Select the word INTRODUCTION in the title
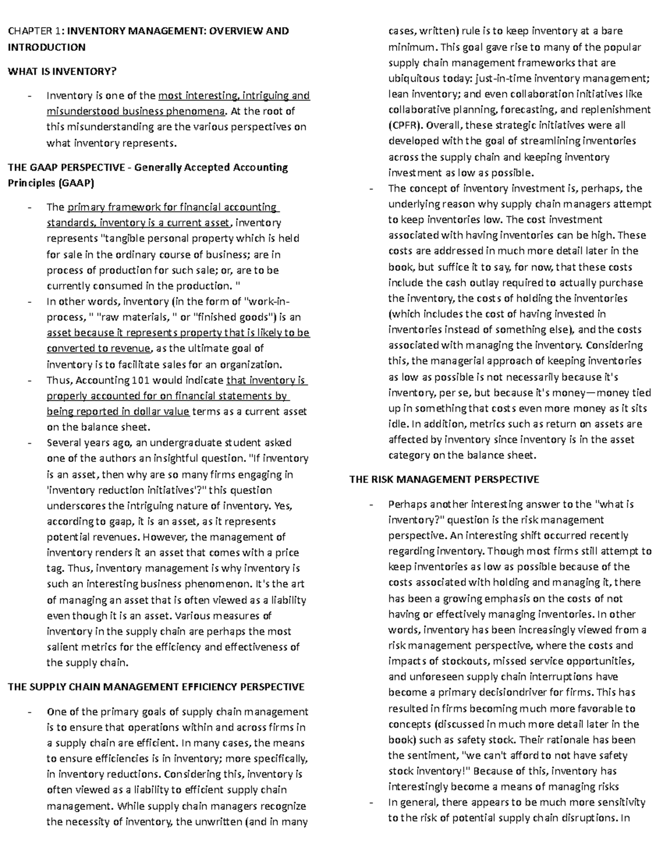coord(46,47)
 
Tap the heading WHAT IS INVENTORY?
coord(62,71)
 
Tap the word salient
coord(62,647)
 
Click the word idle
coord(397,424)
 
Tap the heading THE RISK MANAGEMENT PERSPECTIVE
coord(444,480)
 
